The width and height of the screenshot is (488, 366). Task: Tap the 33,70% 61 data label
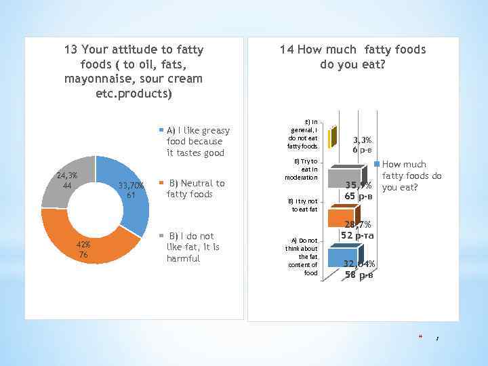(130, 190)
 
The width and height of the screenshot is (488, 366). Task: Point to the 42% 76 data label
(82, 249)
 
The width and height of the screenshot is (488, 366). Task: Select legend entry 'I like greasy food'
(197, 141)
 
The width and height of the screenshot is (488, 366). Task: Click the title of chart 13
(134, 71)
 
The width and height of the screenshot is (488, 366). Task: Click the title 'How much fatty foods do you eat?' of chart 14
(352, 57)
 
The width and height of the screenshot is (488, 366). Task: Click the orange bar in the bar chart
(341, 217)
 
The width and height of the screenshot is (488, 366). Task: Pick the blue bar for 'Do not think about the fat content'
(342, 258)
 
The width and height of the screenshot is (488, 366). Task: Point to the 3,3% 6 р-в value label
(366, 144)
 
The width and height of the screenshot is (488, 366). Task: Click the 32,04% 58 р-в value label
(359, 269)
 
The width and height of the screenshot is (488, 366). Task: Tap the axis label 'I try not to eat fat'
(303, 205)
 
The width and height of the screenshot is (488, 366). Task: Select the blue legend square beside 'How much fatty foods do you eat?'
(380, 164)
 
